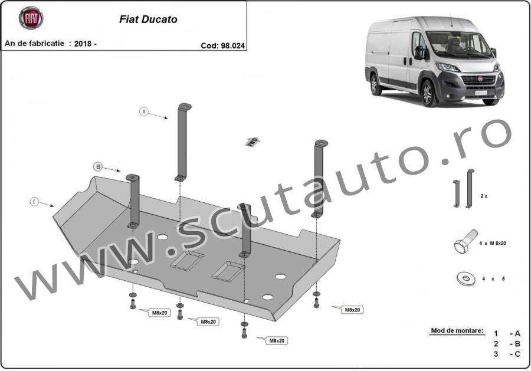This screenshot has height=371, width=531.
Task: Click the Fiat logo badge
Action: click(31, 18)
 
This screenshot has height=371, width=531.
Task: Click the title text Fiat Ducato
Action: click(148, 19)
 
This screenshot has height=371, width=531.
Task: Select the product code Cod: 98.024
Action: click(222, 45)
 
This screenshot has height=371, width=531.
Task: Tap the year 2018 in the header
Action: click(83, 44)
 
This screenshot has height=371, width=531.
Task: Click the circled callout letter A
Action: click(144, 111)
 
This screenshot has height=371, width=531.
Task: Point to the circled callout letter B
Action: click(98, 166)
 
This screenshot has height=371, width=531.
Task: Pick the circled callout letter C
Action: click(34, 202)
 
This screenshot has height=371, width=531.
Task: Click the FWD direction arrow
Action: click(253, 142)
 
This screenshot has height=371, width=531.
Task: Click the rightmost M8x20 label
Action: click(352, 310)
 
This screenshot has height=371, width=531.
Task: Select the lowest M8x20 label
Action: click(277, 341)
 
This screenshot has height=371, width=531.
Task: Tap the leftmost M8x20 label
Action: click(159, 313)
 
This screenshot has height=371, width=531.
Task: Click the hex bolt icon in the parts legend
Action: click(466, 241)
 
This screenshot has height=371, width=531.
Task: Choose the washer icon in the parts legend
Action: click(466, 278)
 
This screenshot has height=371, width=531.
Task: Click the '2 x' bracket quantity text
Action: click(484, 196)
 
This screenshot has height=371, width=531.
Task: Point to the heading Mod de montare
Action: click(457, 330)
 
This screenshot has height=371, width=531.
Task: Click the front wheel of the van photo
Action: click(428, 93)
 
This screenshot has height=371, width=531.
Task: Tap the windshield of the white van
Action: click(458, 44)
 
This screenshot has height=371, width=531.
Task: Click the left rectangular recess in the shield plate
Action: click(187, 260)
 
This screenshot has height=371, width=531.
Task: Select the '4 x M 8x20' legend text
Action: click(493, 243)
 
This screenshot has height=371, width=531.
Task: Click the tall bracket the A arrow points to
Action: click(182, 142)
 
